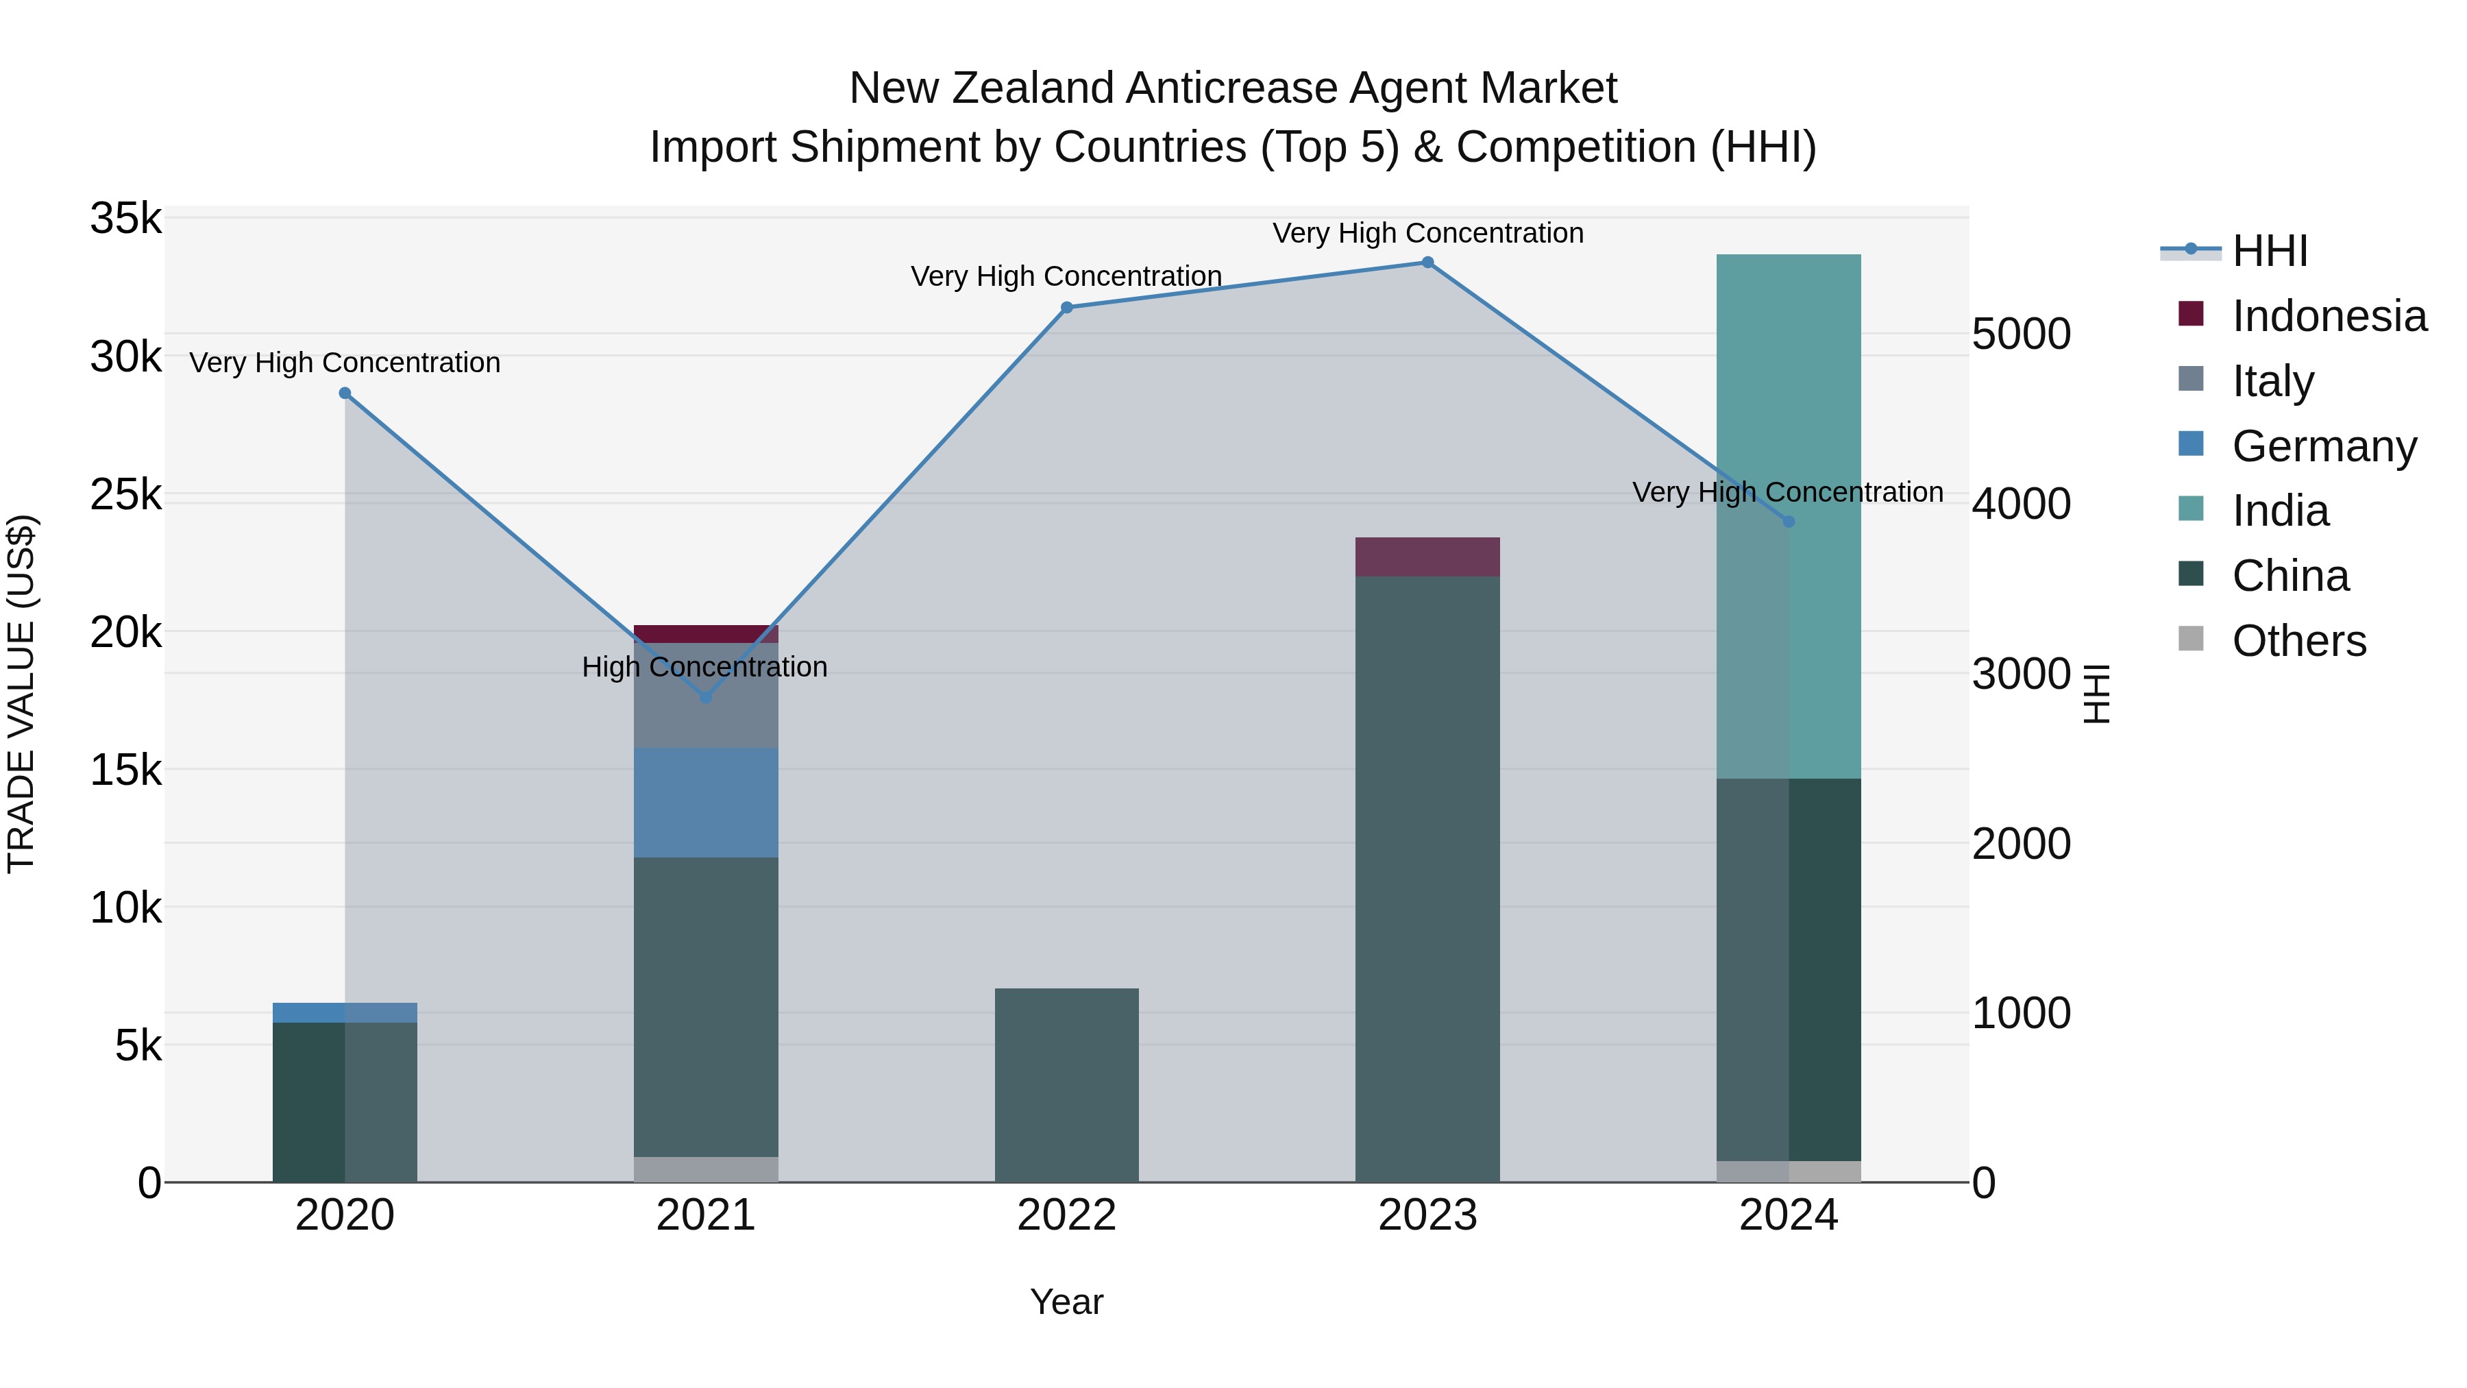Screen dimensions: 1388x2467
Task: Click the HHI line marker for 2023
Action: [x=1427, y=263]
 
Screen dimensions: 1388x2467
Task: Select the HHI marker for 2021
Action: [x=706, y=697]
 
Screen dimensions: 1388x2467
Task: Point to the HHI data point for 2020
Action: [x=345, y=393]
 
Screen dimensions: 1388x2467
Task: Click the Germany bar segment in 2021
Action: [x=706, y=803]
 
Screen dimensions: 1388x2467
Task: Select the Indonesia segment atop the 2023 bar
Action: [x=1427, y=557]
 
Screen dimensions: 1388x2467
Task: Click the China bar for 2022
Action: [x=1067, y=1084]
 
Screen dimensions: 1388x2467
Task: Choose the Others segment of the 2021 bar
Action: [x=706, y=1169]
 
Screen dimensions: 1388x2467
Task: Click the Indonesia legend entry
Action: [x=2328, y=316]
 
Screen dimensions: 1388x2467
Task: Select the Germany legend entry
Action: [x=2323, y=446]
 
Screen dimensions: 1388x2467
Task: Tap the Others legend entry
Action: [x=2298, y=641]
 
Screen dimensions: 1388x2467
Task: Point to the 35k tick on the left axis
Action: [x=125, y=219]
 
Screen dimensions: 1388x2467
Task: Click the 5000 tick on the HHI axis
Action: [x=2022, y=334]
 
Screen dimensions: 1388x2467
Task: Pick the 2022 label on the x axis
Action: [x=1067, y=1215]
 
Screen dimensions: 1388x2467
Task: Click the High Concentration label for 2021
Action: [x=705, y=667]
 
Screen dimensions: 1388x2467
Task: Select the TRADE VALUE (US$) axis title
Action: [x=21, y=694]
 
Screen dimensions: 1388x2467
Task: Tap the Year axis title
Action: [x=1067, y=1302]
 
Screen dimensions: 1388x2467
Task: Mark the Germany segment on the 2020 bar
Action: [x=345, y=1012]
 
